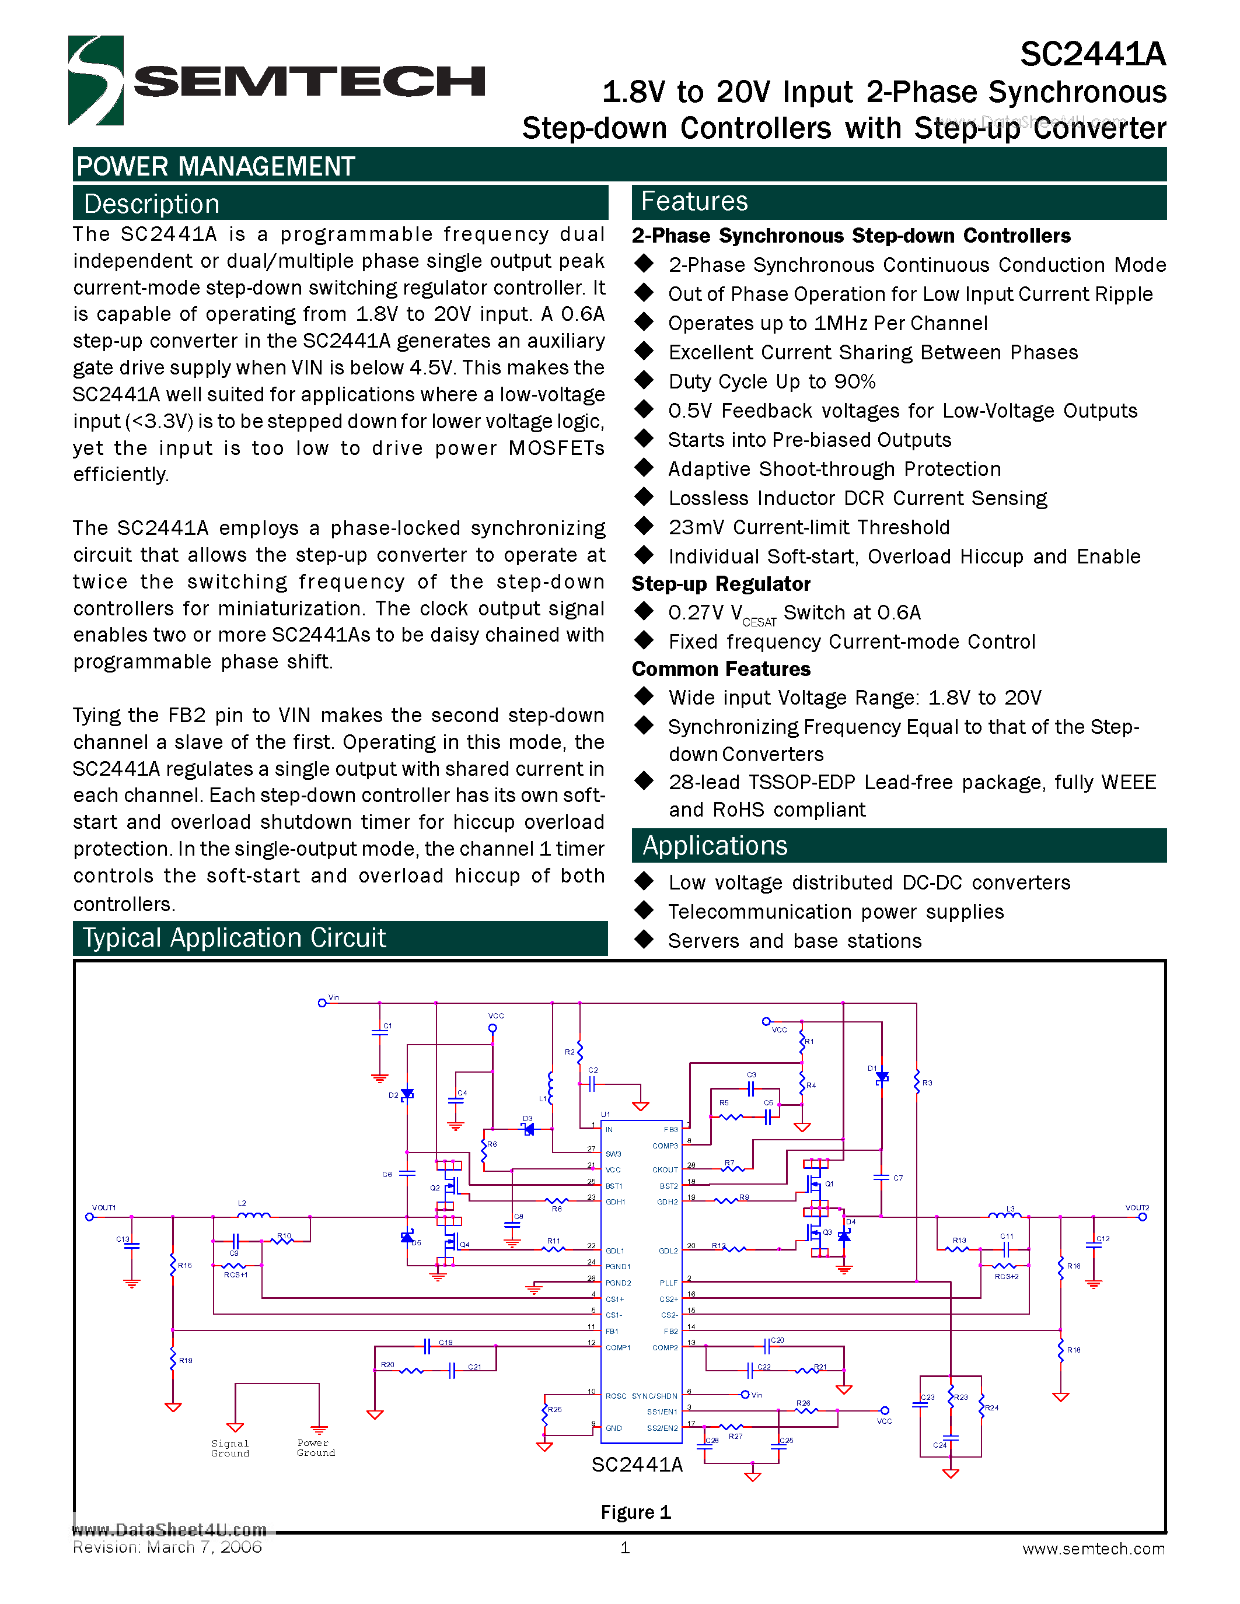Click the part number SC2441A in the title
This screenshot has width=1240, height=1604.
pyautogui.click(x=1092, y=55)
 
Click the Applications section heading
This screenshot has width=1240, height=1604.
pyautogui.click(x=714, y=845)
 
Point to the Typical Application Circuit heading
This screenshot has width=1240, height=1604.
pyautogui.click(x=233, y=938)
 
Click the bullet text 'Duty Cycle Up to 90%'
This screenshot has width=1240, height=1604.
pyautogui.click(x=771, y=382)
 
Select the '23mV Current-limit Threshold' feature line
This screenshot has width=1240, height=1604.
pyautogui.click(x=808, y=527)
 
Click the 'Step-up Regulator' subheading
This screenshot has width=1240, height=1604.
pyautogui.click(x=721, y=584)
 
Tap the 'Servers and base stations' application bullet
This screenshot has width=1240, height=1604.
pyautogui.click(x=794, y=941)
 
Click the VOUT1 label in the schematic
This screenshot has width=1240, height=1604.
pyautogui.click(x=104, y=1207)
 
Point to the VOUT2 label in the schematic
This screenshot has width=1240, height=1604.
pyautogui.click(x=1136, y=1207)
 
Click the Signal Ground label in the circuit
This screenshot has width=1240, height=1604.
pyautogui.click(x=230, y=1448)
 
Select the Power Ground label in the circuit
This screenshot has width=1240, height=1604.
pyautogui.click(x=316, y=1448)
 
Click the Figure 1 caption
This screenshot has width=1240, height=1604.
pyautogui.click(x=635, y=1512)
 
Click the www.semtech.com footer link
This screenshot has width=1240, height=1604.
pyautogui.click(x=1093, y=1549)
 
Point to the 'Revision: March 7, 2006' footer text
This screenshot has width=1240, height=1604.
pyautogui.click(x=167, y=1547)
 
